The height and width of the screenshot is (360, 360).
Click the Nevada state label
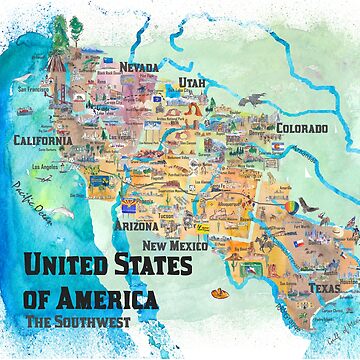(x=139, y=67)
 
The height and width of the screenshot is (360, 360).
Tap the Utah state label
(x=194, y=80)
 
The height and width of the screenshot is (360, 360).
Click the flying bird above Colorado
(x=258, y=98)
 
